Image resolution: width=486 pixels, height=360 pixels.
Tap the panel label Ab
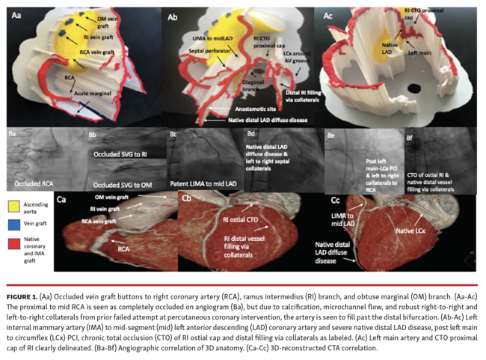click(x=173, y=15)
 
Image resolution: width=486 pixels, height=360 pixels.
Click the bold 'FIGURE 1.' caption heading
click(x=25, y=288)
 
